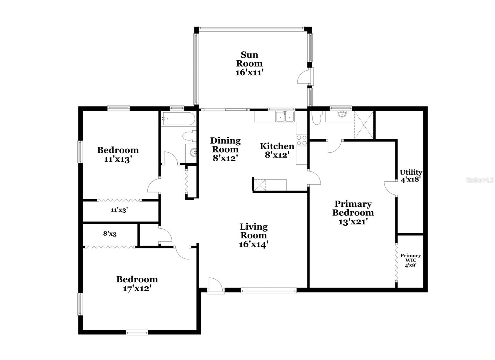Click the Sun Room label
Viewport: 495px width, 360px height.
pyautogui.click(x=249, y=59)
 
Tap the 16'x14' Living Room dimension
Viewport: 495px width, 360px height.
pyautogui.click(x=253, y=244)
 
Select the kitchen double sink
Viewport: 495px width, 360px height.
pyautogui.click(x=285, y=117)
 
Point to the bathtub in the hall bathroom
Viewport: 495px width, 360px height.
pyautogui.click(x=178, y=119)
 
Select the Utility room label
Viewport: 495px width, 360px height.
pyautogui.click(x=411, y=172)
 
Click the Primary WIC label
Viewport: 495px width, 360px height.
pyautogui.click(x=411, y=258)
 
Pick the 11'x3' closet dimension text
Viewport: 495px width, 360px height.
pyautogui.click(x=119, y=210)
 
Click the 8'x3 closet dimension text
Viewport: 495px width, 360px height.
pyautogui.click(x=110, y=234)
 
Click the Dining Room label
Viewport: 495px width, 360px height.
pyautogui.click(x=225, y=145)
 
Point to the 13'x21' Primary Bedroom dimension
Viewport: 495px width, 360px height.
pyautogui.click(x=353, y=222)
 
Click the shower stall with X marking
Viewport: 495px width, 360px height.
pyautogui.click(x=364, y=125)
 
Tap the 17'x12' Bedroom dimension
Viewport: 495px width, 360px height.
pyautogui.click(x=137, y=288)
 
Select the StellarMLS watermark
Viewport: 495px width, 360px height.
pyautogui.click(x=480, y=180)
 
